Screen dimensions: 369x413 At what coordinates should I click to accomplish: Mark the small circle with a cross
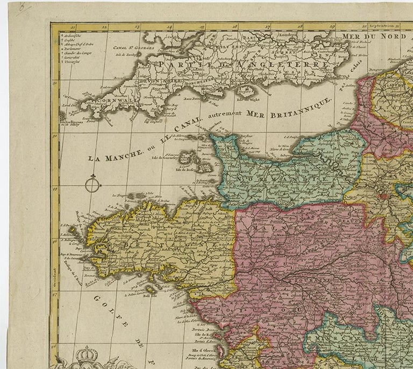pos(92,184)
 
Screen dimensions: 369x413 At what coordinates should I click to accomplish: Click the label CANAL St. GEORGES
pos(133,47)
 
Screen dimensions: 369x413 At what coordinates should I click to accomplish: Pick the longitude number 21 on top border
pos(73,25)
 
